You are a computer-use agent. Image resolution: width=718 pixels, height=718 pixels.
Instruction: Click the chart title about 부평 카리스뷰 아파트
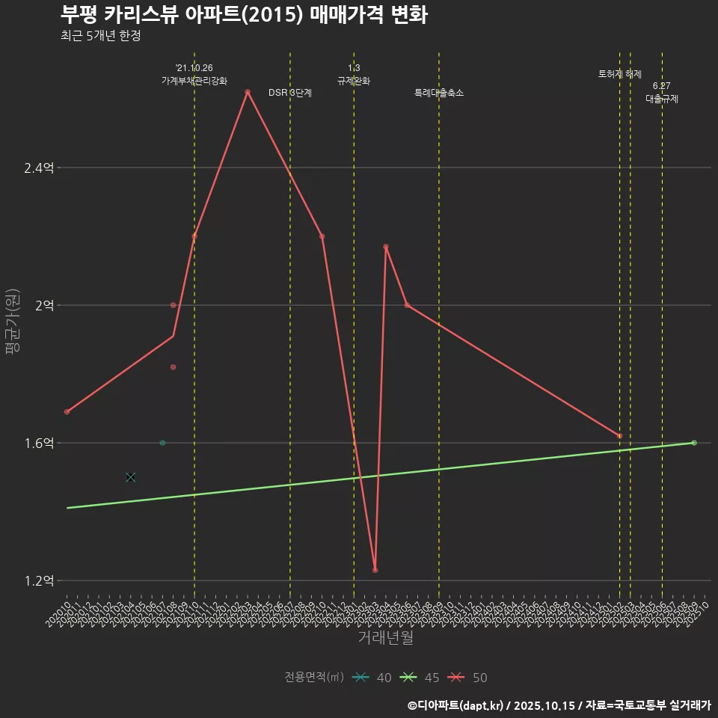tap(244, 15)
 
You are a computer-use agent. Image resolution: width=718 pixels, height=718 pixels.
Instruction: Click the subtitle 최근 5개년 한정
tap(100, 36)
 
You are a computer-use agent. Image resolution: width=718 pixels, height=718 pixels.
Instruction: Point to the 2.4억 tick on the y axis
tap(39, 168)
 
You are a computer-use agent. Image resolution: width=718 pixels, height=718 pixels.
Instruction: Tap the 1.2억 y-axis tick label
tap(39, 581)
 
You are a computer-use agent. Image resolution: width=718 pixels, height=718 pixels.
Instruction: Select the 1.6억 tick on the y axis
tap(39, 444)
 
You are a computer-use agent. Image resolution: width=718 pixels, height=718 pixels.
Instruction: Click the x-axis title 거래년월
tap(385, 638)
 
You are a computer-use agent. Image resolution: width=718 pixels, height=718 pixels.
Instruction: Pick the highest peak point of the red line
tap(247, 92)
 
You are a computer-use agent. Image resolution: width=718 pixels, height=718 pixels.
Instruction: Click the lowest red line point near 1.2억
tap(375, 570)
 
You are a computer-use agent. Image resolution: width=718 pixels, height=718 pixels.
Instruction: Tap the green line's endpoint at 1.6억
tap(694, 443)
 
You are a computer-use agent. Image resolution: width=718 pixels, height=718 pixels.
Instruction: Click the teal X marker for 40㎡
tap(131, 477)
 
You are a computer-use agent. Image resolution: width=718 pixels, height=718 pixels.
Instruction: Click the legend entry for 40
tap(373, 678)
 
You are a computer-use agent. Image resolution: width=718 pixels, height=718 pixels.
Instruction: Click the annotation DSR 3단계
tap(290, 93)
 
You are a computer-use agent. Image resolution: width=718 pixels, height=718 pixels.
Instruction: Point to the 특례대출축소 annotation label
tap(439, 93)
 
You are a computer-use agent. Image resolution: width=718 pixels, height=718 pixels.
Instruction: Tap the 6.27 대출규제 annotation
tap(662, 92)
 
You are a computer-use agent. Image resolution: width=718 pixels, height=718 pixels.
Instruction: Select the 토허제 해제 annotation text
tap(620, 74)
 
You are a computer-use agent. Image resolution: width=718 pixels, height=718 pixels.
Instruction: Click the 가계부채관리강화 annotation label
tap(194, 81)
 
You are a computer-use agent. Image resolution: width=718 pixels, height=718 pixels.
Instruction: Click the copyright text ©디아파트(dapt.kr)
tap(457, 705)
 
